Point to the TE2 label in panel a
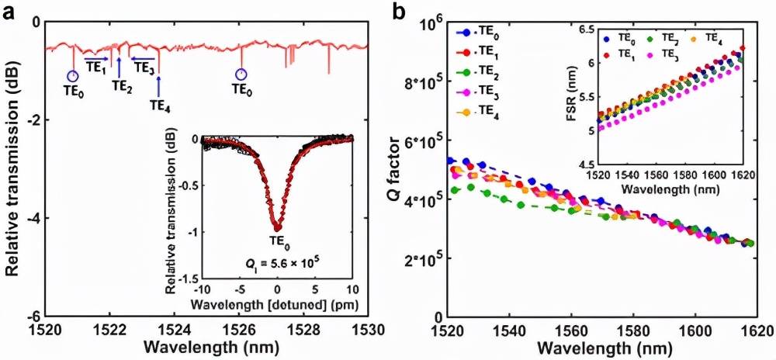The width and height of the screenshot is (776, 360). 122,85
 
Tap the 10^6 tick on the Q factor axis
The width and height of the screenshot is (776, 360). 427,25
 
